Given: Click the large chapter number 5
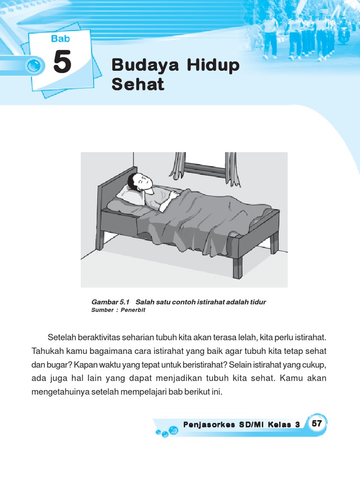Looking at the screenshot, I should point(62,63).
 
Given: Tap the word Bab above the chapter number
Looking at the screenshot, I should point(60,39).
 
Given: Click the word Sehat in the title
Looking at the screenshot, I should point(138,85).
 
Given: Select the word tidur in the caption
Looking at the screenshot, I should point(258,302).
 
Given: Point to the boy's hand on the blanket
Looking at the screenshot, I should point(174,194).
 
